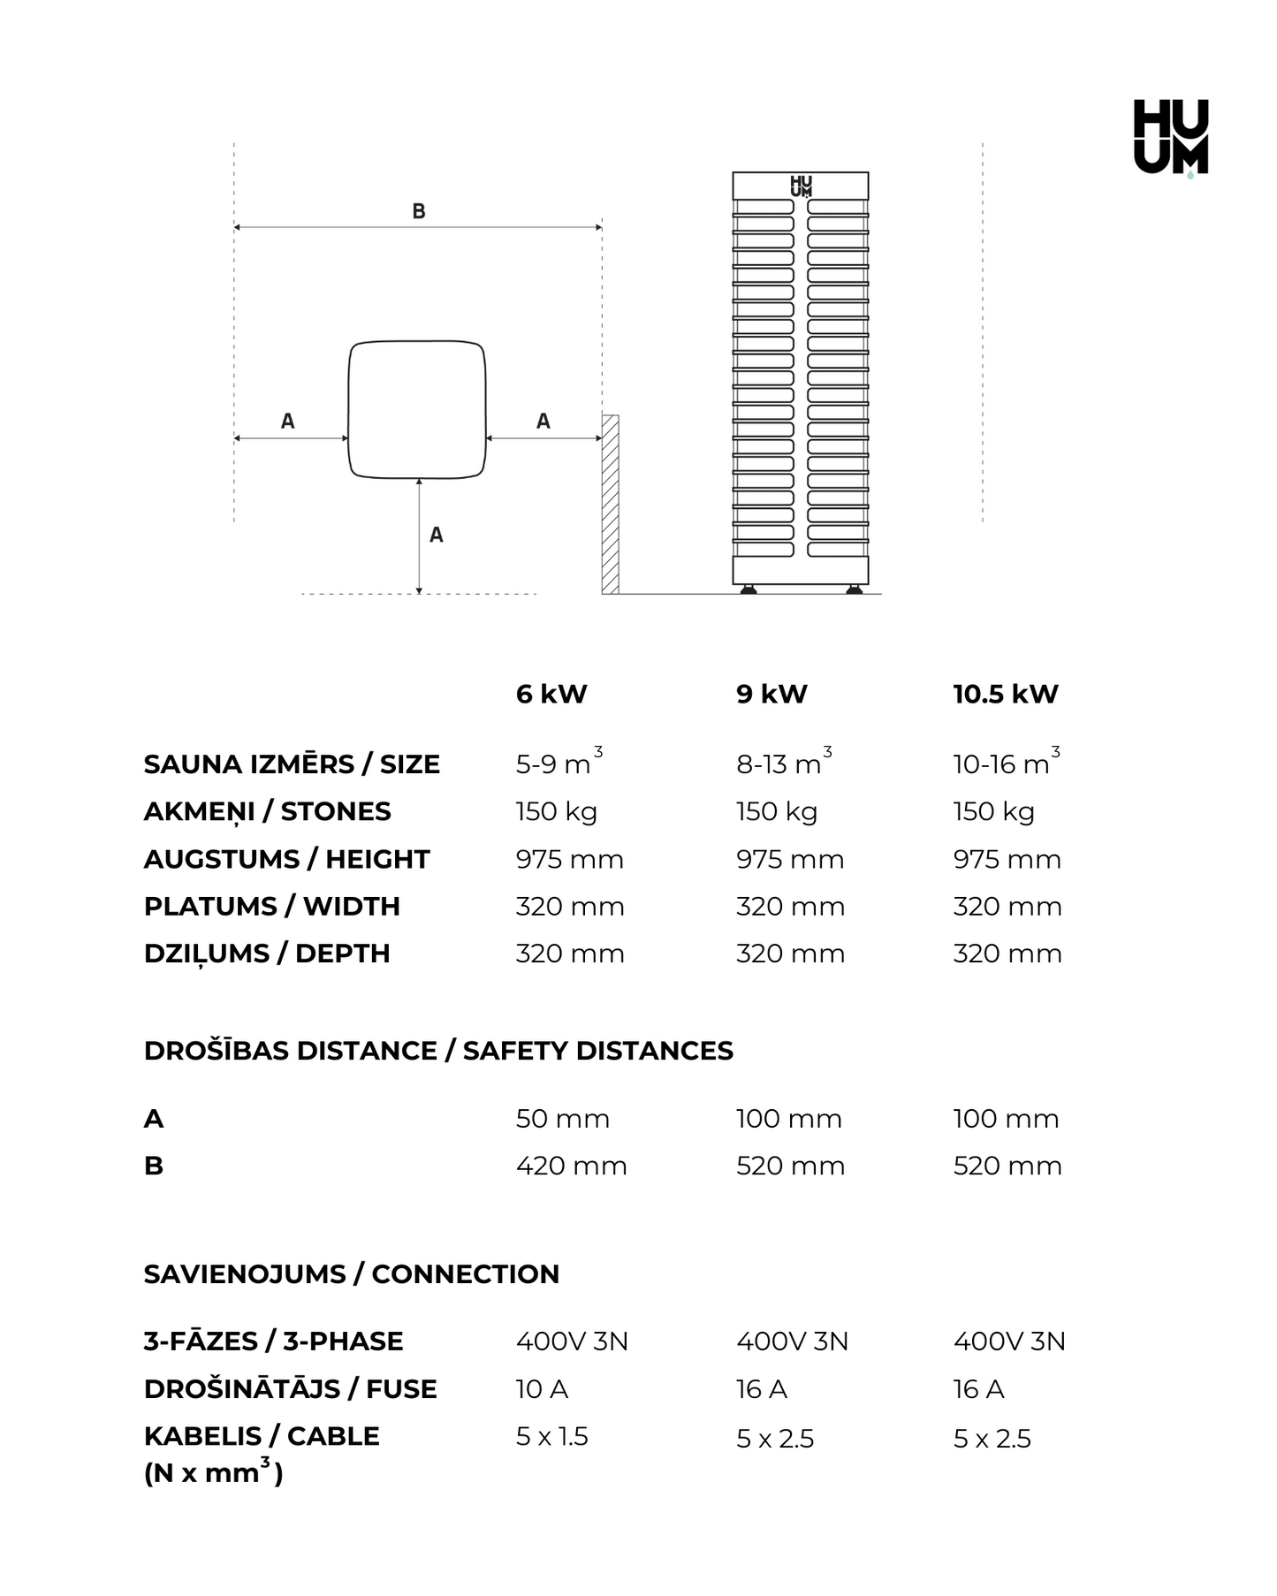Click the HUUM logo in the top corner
(1171, 137)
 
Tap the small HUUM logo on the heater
(801, 186)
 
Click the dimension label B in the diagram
(419, 211)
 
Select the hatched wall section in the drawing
(610, 504)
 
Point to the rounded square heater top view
(417, 409)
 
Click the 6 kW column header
(551, 694)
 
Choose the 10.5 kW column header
(1005, 694)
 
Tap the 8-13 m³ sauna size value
(783, 763)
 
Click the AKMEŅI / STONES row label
(267, 811)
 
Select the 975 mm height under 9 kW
(790, 859)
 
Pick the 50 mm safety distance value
(562, 1119)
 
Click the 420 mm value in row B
(571, 1166)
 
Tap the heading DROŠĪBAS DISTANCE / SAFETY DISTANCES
(438, 1051)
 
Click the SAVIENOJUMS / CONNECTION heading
(351, 1274)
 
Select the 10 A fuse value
(542, 1389)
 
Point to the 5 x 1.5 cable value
(551, 1436)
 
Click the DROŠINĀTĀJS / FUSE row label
(290, 1389)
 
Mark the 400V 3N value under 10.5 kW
(1009, 1341)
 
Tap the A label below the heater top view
(436, 535)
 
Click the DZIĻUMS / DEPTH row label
(267, 954)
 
